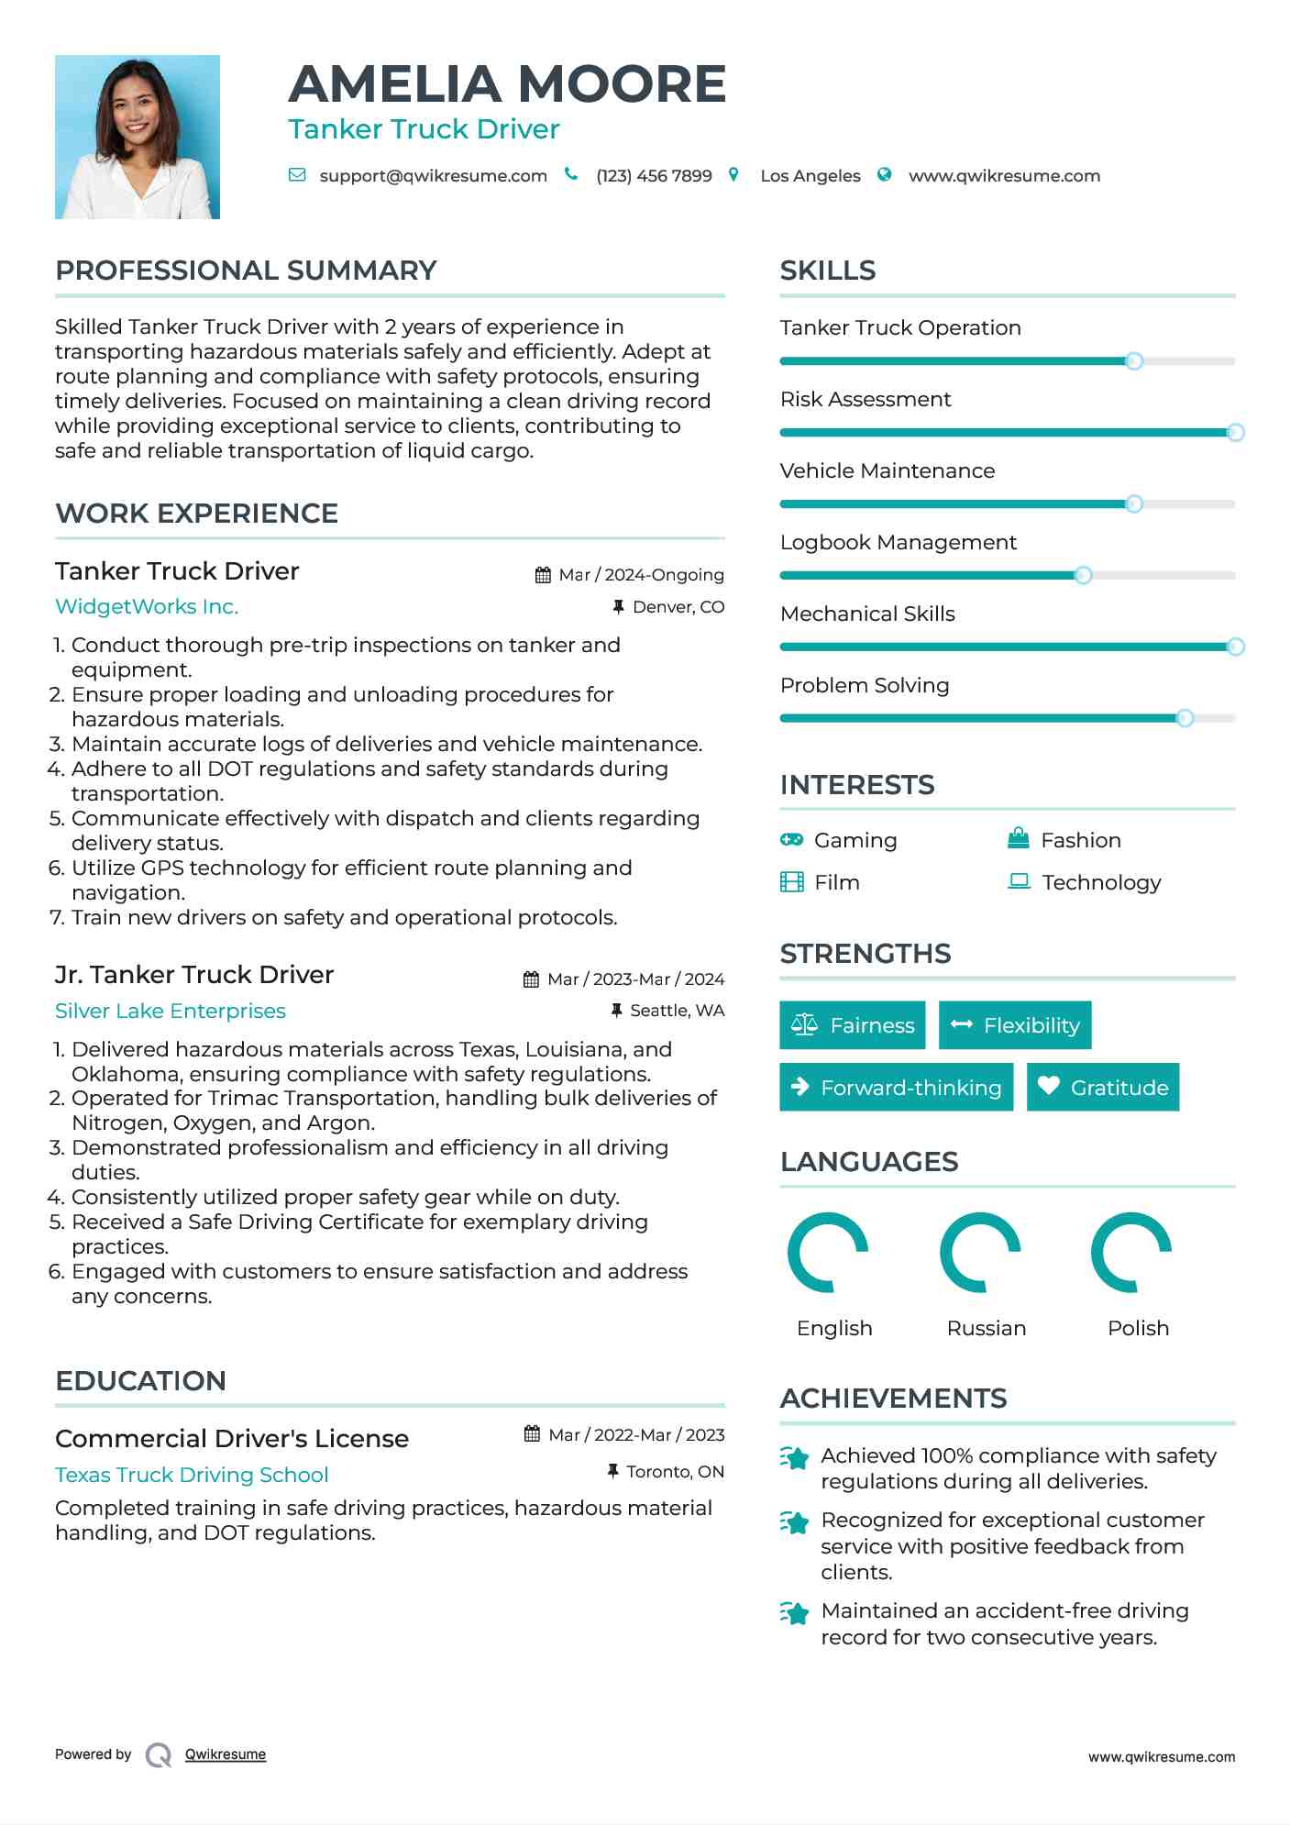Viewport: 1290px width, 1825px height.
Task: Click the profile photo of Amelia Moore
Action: click(x=138, y=137)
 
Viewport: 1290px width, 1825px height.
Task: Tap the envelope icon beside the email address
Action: click(x=297, y=175)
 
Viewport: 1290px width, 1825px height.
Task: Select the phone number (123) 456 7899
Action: click(x=654, y=176)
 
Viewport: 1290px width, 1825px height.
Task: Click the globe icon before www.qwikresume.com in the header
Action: click(x=884, y=175)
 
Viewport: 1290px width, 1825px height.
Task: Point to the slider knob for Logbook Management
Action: click(x=1083, y=576)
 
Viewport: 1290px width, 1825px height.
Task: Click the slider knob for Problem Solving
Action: click(x=1185, y=718)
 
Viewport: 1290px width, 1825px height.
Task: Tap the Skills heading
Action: click(x=827, y=271)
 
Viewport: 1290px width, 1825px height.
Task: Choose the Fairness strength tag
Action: click(x=852, y=1025)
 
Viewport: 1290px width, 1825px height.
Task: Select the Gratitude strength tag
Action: click(x=1103, y=1088)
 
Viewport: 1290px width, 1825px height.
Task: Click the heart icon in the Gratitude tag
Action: click(x=1048, y=1087)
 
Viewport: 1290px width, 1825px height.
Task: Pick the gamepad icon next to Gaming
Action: click(x=791, y=840)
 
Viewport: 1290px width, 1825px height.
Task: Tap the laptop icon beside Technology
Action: click(x=1019, y=882)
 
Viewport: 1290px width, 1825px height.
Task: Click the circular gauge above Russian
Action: click(x=980, y=1253)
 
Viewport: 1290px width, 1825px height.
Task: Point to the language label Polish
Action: click(x=1138, y=1328)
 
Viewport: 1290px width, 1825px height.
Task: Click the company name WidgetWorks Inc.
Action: click(x=147, y=607)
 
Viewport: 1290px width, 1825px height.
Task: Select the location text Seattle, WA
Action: click(x=677, y=1011)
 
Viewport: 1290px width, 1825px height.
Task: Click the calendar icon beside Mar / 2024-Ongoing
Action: click(x=543, y=575)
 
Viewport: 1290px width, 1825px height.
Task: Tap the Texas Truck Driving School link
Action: click(x=192, y=1475)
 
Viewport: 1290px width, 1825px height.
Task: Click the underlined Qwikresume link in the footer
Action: click(x=226, y=1754)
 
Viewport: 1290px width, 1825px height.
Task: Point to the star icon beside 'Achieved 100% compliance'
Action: click(x=795, y=1457)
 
